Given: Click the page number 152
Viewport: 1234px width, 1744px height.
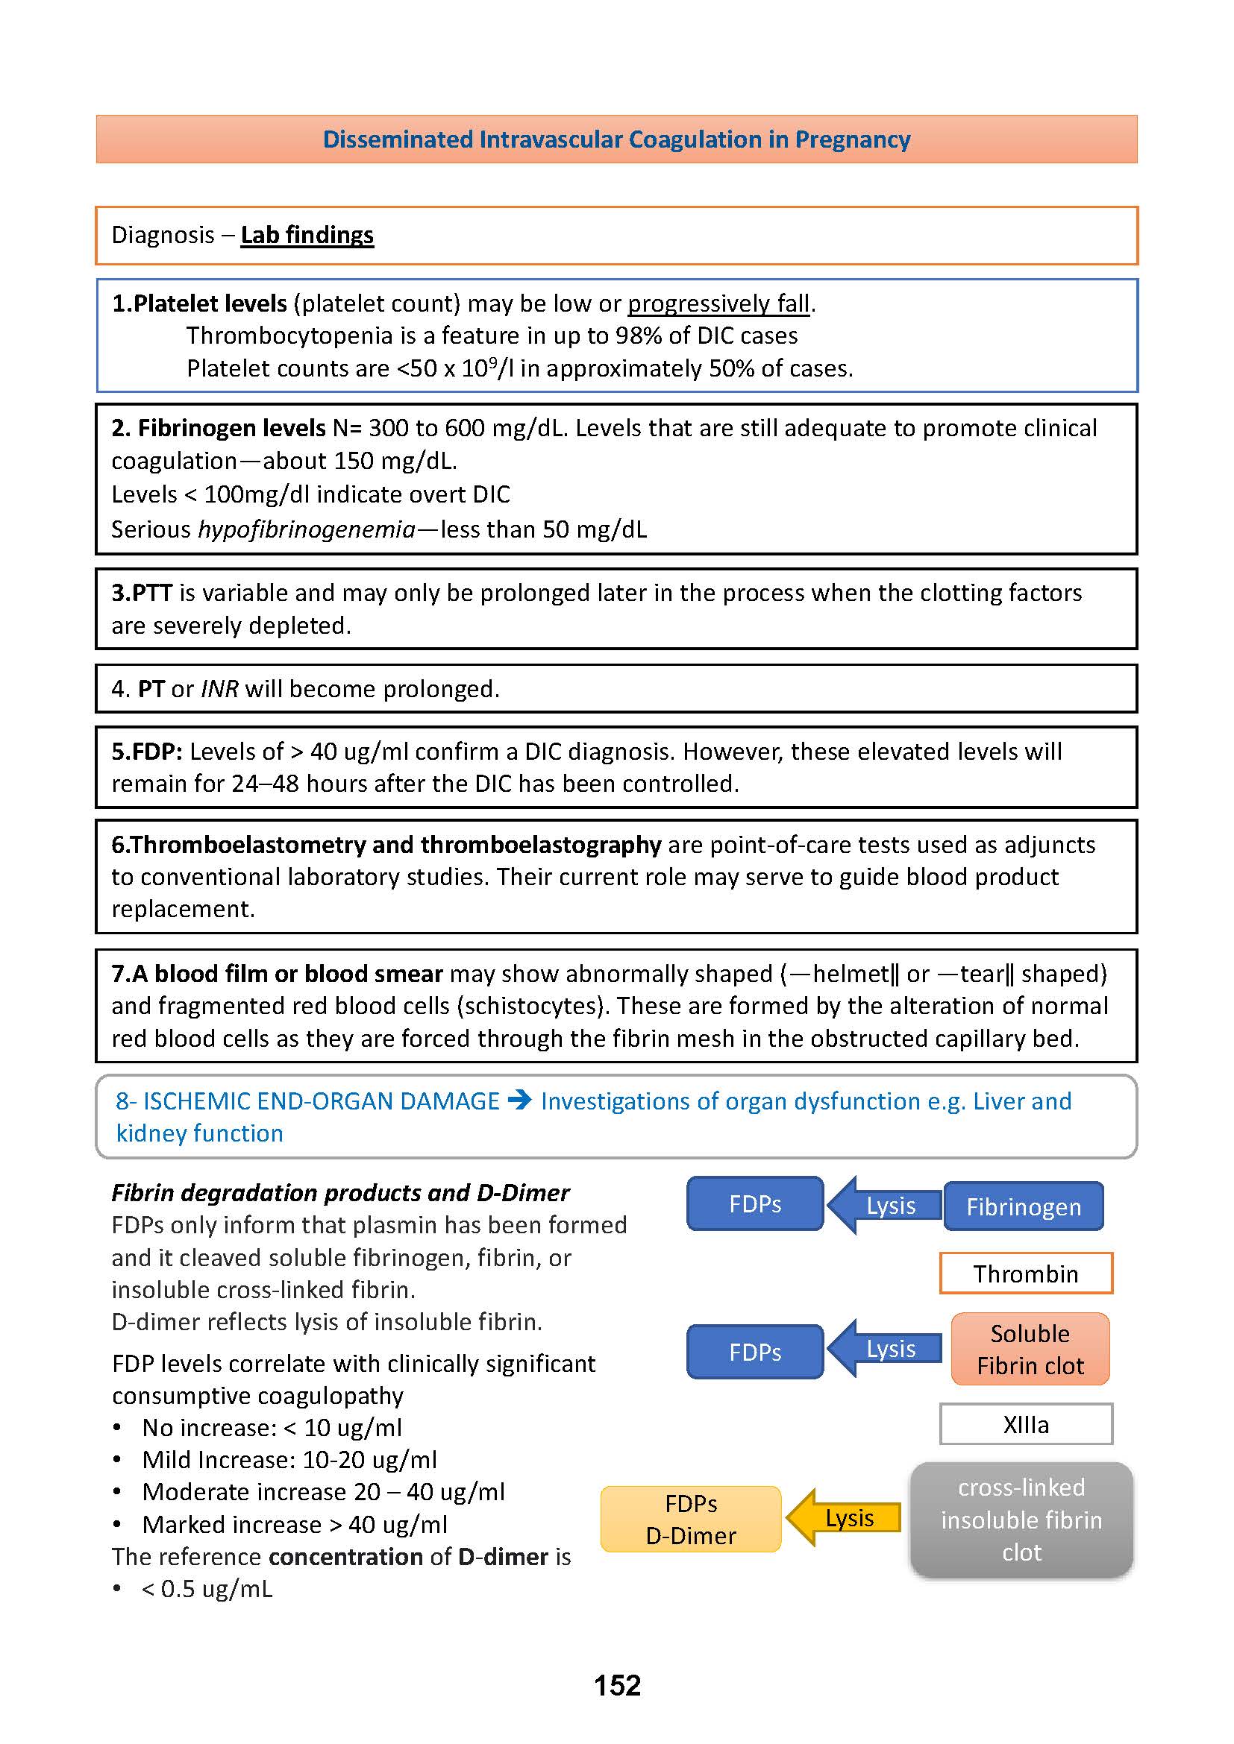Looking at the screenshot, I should pyautogui.click(x=617, y=1686).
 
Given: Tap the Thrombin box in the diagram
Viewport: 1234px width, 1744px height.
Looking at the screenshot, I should pyautogui.click(x=1025, y=1273).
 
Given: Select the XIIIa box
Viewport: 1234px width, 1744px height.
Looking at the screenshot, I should pyautogui.click(x=1025, y=1424).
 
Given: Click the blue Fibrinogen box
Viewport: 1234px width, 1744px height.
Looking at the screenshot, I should pyautogui.click(x=1023, y=1206).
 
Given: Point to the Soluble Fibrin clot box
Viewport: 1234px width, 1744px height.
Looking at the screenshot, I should pyautogui.click(x=1030, y=1349).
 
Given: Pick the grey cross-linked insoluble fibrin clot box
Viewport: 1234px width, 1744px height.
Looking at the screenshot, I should pyautogui.click(x=1021, y=1519).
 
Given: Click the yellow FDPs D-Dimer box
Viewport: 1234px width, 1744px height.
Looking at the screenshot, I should pyautogui.click(x=691, y=1519).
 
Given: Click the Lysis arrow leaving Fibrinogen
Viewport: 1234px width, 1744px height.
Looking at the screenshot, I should pyautogui.click(x=885, y=1206).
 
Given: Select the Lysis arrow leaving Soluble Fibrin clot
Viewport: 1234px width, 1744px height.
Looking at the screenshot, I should pyautogui.click(x=885, y=1348).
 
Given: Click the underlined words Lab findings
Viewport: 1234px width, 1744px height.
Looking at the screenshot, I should pyautogui.click(x=307, y=235).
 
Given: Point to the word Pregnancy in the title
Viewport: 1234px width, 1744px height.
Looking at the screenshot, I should pyautogui.click(x=853, y=139).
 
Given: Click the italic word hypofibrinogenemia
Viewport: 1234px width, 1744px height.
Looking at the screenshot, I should pyautogui.click(x=307, y=529).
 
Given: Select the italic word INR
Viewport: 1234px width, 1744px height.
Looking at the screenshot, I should pyautogui.click(x=219, y=689).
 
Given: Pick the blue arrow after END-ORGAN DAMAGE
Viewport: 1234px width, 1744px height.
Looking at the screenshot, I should pyautogui.click(x=520, y=1099).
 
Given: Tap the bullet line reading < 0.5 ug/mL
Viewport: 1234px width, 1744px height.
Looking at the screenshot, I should pyautogui.click(x=207, y=1589).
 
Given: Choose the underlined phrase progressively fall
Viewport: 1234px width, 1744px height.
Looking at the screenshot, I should pyautogui.click(x=718, y=303).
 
